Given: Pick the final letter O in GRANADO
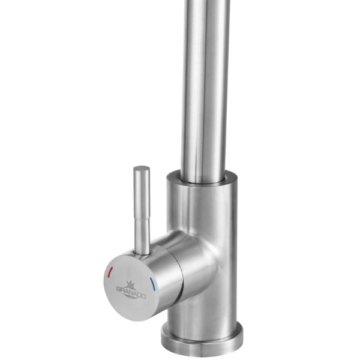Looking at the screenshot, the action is pos(144,296).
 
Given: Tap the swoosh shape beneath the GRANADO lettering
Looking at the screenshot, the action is pos(131,298).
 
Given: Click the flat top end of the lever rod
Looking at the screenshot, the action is pos(142,168).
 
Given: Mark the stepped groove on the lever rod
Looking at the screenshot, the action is pos(142,220).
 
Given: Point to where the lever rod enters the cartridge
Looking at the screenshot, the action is pos(142,254).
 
